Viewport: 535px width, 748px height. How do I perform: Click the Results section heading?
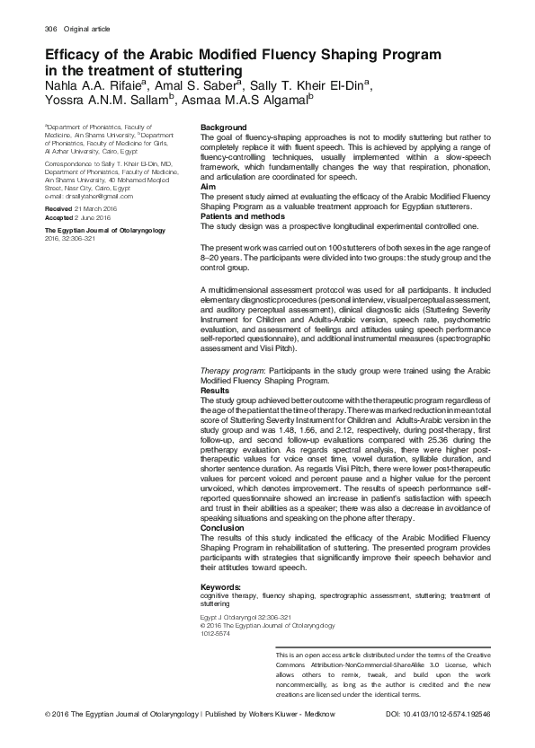[x=215, y=392]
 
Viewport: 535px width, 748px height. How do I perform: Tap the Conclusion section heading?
[x=220, y=529]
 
